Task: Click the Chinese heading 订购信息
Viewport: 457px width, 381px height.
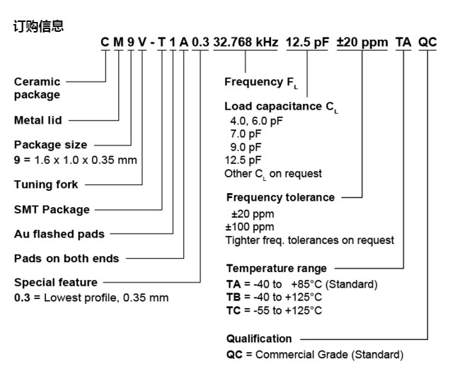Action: coord(39,27)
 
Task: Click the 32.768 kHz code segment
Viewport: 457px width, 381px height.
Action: coord(245,42)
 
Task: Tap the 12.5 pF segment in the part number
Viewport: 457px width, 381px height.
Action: coord(307,42)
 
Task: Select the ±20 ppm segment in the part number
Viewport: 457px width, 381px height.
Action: coord(362,42)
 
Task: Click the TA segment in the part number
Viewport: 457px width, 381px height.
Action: coord(403,42)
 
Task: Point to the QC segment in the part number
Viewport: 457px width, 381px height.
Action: coord(428,42)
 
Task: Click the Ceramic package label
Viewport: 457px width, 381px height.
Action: coord(37,88)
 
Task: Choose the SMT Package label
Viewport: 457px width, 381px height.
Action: coord(52,209)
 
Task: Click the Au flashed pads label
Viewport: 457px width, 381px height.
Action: coord(59,234)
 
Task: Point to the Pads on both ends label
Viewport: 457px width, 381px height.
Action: coord(66,258)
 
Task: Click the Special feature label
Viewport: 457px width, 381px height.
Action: coord(56,283)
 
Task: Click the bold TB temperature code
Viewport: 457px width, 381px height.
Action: coord(233,297)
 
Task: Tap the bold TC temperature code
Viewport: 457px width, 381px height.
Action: coord(233,310)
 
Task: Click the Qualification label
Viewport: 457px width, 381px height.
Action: coord(259,339)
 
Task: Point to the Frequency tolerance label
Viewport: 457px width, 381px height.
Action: coord(280,197)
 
